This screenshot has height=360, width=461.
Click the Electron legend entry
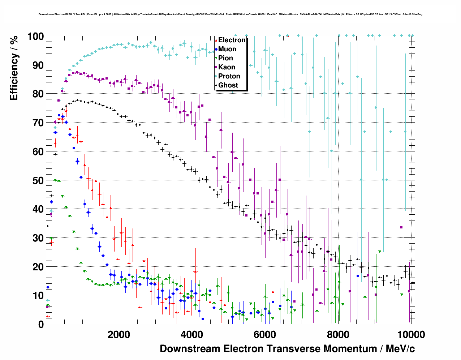point(232,40)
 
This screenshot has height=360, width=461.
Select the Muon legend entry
point(227,49)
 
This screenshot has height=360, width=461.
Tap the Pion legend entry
point(225,58)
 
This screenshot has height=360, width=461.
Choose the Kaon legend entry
point(227,67)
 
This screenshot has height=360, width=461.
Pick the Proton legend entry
point(229,76)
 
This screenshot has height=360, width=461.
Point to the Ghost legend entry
point(228,85)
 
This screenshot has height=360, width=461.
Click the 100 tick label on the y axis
point(36,37)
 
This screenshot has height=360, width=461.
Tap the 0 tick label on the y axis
point(41,325)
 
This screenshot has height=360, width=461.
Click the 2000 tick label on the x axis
point(119,335)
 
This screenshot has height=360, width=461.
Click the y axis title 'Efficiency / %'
point(14,68)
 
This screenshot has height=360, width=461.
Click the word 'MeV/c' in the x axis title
point(400,349)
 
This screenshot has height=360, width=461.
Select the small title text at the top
point(231,14)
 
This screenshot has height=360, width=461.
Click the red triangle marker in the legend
point(216,40)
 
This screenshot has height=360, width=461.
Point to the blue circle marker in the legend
point(216,49)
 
